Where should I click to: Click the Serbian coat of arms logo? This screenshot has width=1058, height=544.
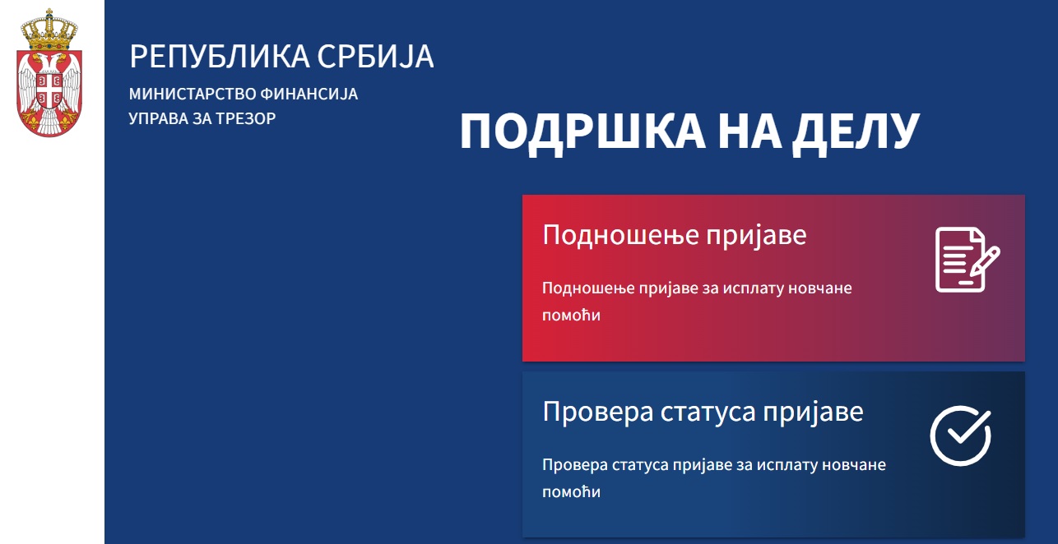coord(49,72)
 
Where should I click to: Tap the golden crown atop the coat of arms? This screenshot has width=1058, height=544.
coord(49,30)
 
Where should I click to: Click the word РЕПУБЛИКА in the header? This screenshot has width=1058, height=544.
coord(220,57)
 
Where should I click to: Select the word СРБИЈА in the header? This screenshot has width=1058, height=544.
coord(375,57)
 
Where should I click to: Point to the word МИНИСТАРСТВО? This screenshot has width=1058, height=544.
coord(193,94)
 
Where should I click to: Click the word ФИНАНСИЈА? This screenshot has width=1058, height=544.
coord(309,94)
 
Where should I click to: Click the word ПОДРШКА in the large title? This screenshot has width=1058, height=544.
coord(582,132)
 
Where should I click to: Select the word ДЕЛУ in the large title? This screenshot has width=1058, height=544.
coord(856,132)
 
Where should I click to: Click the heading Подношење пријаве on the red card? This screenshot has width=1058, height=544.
coord(675,235)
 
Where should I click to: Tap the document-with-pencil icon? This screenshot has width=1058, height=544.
coord(968,260)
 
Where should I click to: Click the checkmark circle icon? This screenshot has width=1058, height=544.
coord(961,436)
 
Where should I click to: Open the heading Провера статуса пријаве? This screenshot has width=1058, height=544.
coord(703,412)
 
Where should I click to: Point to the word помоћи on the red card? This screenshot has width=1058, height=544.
coord(571,316)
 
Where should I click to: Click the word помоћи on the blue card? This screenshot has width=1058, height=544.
coord(571,492)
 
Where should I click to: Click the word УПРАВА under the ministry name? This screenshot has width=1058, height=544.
coord(159,118)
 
